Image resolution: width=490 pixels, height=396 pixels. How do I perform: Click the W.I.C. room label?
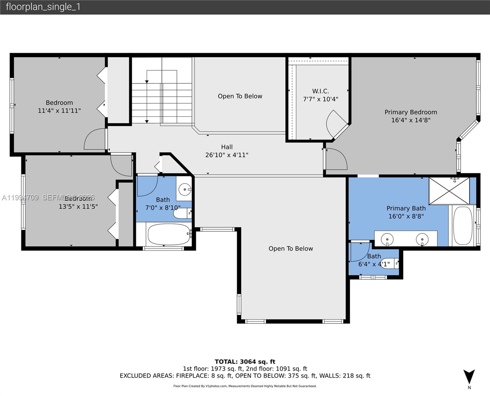click(x=320, y=91)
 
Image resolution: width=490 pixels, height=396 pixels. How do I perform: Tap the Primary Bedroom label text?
click(x=410, y=112)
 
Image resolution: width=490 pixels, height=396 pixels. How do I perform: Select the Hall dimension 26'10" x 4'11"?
click(x=227, y=155)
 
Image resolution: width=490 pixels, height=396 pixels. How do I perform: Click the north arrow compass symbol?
click(x=469, y=377)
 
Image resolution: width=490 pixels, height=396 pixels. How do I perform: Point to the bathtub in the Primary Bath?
click(x=462, y=225)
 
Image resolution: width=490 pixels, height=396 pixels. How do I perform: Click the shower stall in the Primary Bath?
click(x=449, y=191)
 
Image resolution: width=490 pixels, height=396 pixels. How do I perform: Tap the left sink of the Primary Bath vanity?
click(x=387, y=239)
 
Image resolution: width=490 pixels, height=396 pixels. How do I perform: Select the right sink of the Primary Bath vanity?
click(x=422, y=239)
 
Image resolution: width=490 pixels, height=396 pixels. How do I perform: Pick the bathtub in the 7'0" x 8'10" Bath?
click(x=169, y=234)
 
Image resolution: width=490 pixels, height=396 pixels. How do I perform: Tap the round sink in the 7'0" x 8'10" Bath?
click(x=184, y=189)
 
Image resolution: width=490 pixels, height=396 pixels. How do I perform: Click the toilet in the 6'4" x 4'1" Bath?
click(x=390, y=263)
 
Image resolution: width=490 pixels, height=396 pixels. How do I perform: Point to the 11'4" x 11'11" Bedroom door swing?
click(x=95, y=140)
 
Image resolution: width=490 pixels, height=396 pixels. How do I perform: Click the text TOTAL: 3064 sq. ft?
click(x=245, y=362)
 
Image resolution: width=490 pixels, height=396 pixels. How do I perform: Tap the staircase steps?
click(x=162, y=102)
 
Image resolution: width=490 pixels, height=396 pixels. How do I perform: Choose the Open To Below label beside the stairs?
click(x=240, y=96)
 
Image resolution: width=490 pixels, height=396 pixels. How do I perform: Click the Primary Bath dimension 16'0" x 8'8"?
click(x=406, y=216)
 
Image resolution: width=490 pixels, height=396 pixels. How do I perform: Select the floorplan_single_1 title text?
click(x=43, y=7)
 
